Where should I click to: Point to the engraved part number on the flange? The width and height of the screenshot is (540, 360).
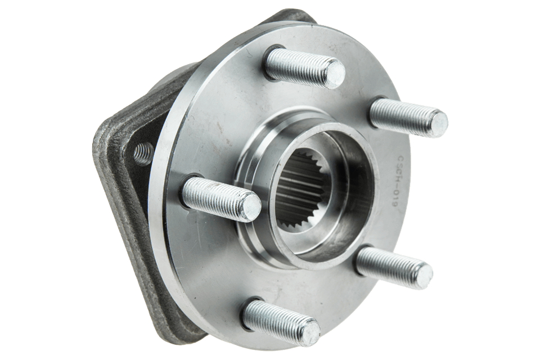397,182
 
